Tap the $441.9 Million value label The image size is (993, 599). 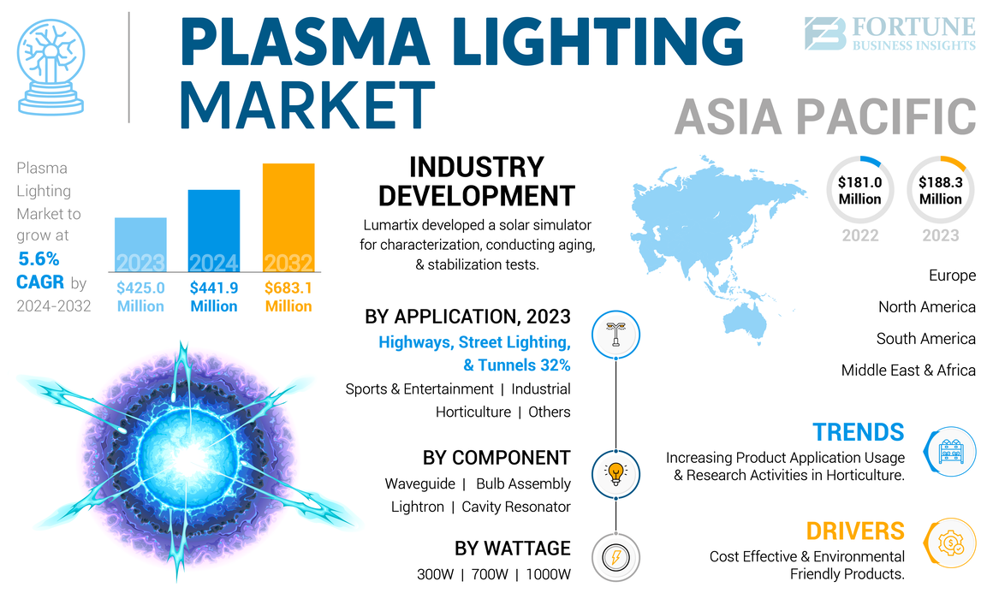coord(214,297)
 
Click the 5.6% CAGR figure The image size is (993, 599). coord(39,270)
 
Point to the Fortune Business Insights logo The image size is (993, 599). coord(890,34)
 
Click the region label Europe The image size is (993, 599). coord(952,276)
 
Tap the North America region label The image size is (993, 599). coord(926,307)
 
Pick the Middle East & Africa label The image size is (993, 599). coord(908,371)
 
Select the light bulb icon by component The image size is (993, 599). coord(615,472)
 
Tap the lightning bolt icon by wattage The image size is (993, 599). coord(615,557)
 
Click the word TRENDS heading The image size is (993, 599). coord(859,432)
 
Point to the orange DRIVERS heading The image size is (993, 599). coord(855,531)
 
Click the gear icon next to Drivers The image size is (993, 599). coord(950,543)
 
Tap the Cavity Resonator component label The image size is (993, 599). coord(516,507)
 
